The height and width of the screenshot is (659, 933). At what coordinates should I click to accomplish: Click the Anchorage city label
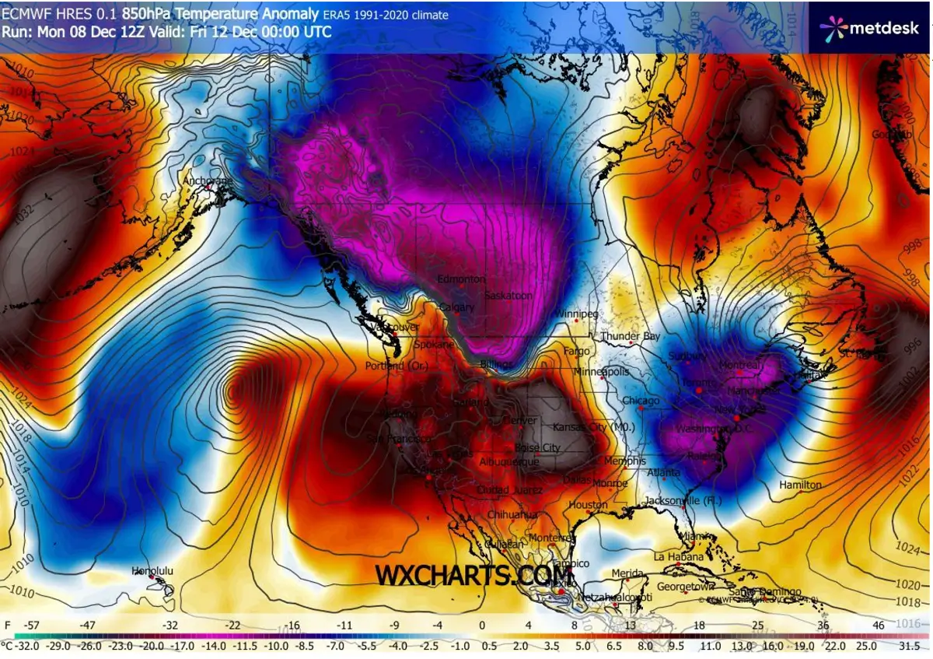coord(207,181)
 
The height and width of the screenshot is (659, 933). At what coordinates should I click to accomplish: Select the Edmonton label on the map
coord(462,279)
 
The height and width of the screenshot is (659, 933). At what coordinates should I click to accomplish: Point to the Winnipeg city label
coord(577,314)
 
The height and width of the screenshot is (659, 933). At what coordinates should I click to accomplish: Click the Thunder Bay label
coord(630,336)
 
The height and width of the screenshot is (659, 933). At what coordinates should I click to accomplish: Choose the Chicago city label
coord(641,401)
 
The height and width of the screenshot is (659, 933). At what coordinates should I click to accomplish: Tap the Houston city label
coord(588,505)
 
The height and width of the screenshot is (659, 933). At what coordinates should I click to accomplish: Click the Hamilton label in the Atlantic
coord(801,485)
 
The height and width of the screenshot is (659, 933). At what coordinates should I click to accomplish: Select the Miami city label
coord(697,537)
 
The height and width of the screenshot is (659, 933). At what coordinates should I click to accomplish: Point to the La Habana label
coord(678,557)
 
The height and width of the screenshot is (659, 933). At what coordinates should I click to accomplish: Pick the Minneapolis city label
coord(601,372)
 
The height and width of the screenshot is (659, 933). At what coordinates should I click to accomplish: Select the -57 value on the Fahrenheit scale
coord(33,625)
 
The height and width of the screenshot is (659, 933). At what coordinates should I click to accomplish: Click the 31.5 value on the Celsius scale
coord(908,646)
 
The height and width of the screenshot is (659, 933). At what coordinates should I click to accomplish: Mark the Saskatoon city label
coord(508,296)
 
